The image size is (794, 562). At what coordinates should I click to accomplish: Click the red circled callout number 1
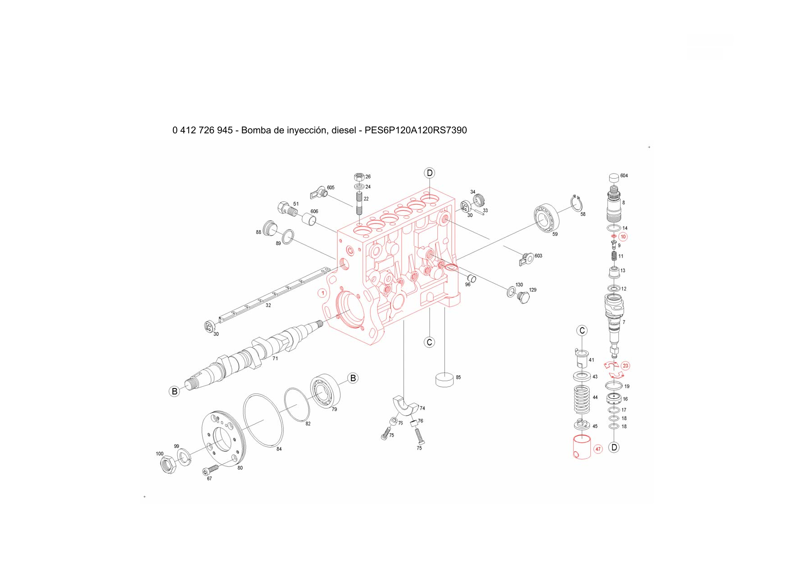[323, 293]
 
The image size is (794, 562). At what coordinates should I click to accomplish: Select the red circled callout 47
[598, 449]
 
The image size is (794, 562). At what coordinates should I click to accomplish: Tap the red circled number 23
[625, 366]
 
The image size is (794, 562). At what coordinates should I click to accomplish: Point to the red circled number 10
[623, 237]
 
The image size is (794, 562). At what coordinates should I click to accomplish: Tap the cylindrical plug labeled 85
[444, 380]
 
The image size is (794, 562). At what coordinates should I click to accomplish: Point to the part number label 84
[279, 449]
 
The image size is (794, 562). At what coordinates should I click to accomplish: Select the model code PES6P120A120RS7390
[416, 131]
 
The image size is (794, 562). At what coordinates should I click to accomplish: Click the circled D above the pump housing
[429, 173]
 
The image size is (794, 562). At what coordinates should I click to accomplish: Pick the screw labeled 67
[209, 470]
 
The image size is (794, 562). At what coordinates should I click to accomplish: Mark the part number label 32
[268, 305]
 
